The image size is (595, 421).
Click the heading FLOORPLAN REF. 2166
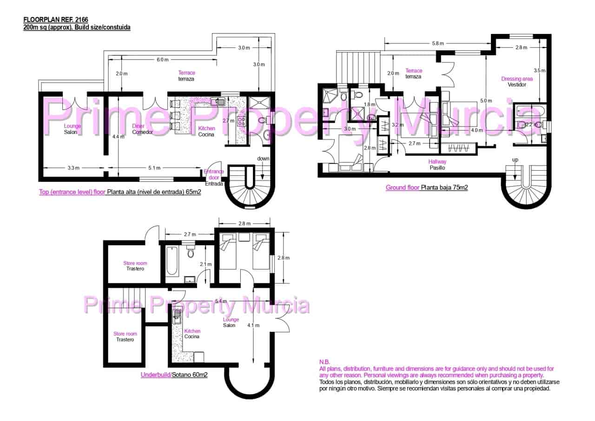(55, 20)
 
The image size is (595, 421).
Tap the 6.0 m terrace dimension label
(162, 60)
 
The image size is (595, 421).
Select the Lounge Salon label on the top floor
(72, 129)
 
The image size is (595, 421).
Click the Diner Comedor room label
(142, 129)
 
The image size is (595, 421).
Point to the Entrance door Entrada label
(214, 177)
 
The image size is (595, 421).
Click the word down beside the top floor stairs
(263, 159)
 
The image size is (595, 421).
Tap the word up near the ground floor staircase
(515, 160)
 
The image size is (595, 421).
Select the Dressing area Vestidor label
(517, 82)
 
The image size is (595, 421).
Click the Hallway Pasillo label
(438, 164)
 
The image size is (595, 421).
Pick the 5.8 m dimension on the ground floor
(437, 43)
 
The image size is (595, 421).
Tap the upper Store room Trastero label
(135, 266)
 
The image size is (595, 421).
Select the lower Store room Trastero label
(125, 336)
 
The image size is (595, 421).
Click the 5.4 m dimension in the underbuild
(221, 301)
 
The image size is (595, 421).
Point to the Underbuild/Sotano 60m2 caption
(174, 374)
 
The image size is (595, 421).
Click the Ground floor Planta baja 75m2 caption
(426, 188)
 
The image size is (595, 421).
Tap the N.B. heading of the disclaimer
(324, 362)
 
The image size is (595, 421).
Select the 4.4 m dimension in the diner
(119, 137)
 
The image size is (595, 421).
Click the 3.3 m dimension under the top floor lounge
(73, 168)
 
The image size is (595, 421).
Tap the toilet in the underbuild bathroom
(190, 252)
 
